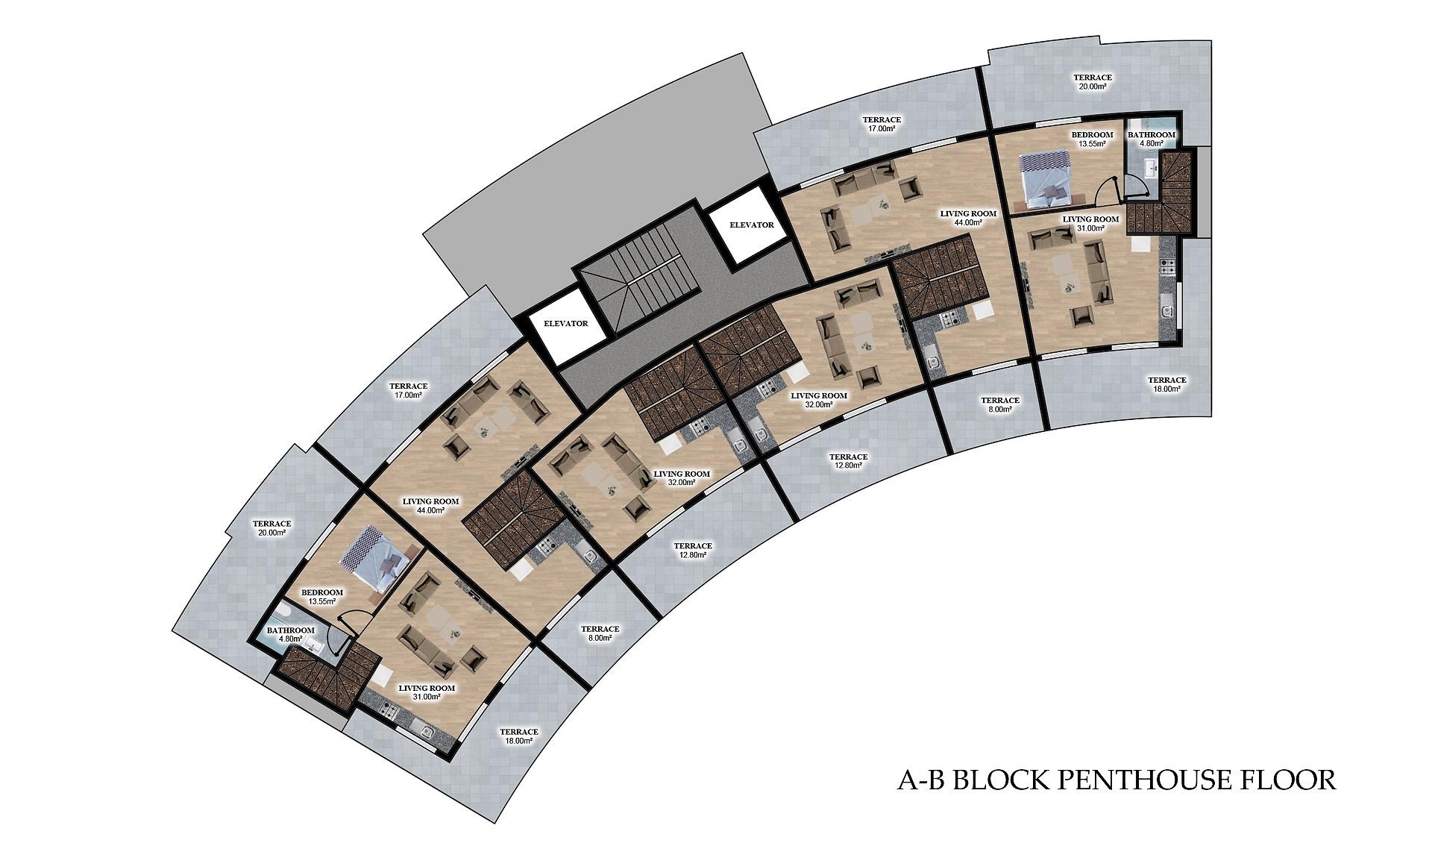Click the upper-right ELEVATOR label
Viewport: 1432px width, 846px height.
click(751, 225)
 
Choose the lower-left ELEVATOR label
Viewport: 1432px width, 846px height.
click(566, 324)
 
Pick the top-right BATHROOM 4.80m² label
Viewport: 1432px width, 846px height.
click(1151, 139)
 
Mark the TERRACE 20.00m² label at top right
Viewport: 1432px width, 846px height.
click(1092, 81)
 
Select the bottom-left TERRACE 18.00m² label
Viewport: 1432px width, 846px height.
click(519, 736)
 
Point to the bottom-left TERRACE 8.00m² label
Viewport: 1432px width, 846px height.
click(600, 633)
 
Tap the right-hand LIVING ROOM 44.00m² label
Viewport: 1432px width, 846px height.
click(968, 218)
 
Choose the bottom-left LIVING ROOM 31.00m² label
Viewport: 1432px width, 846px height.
click(427, 692)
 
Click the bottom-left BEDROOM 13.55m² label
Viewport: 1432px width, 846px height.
click(322, 597)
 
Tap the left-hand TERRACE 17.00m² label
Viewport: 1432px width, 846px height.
click(409, 390)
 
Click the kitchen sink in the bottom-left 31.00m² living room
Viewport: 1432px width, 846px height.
click(426, 732)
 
